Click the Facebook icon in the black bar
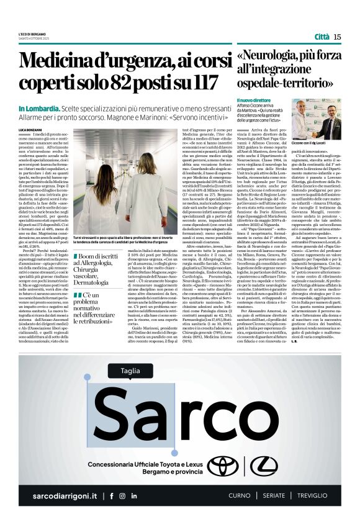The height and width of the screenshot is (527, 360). (x=111, y=496)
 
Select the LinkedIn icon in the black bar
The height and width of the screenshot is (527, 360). (x=134, y=496)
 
